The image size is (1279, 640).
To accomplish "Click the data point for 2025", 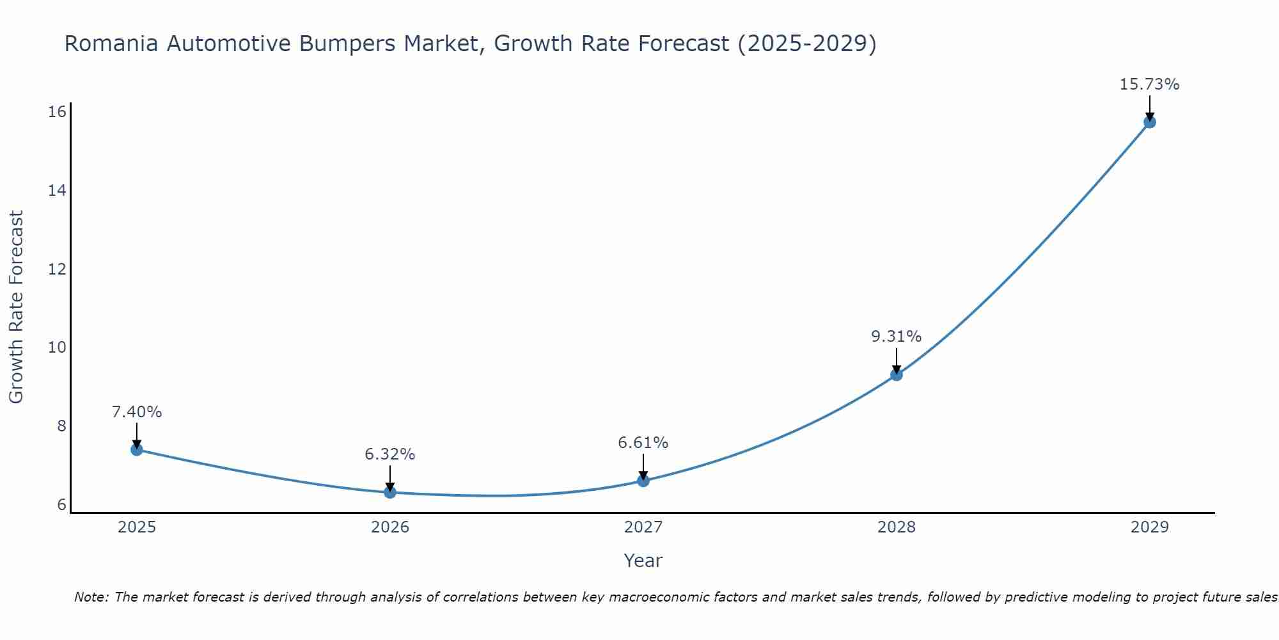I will click(136, 449).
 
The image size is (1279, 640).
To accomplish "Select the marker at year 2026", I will click(390, 492).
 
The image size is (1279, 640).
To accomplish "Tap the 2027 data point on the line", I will click(643, 481).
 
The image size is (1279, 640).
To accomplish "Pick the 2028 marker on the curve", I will click(897, 374).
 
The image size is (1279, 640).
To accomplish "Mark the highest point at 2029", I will click(1149, 122).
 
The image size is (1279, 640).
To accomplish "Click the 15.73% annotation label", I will click(1149, 84).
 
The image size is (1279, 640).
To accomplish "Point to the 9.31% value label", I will click(896, 337).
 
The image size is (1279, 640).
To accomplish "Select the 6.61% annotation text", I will click(643, 443).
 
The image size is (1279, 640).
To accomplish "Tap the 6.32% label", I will click(389, 454).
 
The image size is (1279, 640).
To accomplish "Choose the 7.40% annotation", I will click(136, 412).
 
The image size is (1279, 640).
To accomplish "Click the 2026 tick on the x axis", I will click(390, 527).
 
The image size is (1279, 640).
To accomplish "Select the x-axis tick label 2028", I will click(897, 527).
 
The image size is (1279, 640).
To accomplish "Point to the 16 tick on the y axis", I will click(58, 112).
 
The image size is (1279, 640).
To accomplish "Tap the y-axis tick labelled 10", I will click(58, 348).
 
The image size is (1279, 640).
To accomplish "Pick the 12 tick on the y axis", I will click(58, 269).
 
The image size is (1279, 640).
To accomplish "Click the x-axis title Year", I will click(643, 561).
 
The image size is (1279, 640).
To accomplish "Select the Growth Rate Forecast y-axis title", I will click(16, 307).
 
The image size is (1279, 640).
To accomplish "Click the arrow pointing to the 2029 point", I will click(1149, 107).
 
